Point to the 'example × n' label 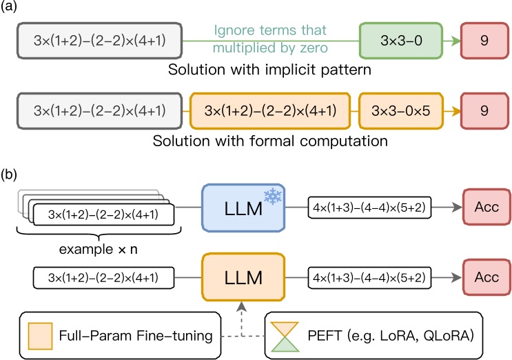point(99,247)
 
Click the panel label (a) point(12,7)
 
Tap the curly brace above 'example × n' point(99,232)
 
